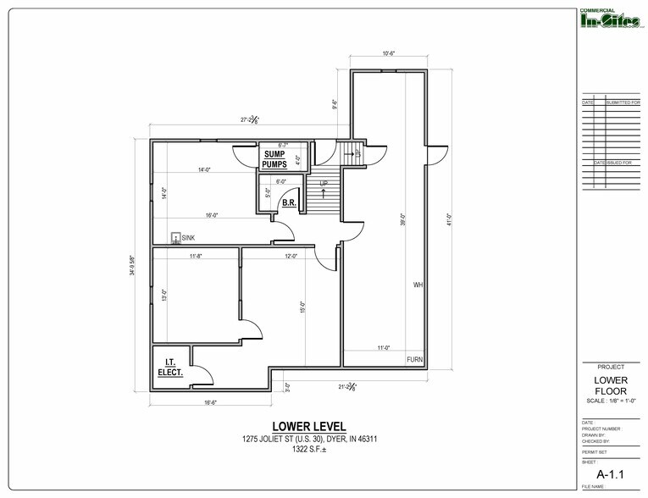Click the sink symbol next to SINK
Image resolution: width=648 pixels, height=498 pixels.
pyautogui.click(x=175, y=239)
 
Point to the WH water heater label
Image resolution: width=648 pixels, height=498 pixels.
pyautogui.click(x=418, y=285)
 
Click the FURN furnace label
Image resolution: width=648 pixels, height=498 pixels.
pyautogui.click(x=414, y=360)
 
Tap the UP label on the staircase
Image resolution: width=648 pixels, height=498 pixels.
pyautogui.click(x=323, y=183)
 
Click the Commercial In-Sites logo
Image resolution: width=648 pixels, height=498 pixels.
pyautogui.click(x=609, y=19)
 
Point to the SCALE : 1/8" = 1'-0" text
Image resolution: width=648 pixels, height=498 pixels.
pyautogui.click(x=611, y=401)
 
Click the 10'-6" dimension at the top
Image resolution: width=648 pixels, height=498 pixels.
pyautogui.click(x=390, y=54)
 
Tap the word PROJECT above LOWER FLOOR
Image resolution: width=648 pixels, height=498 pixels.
pyautogui.click(x=611, y=367)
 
